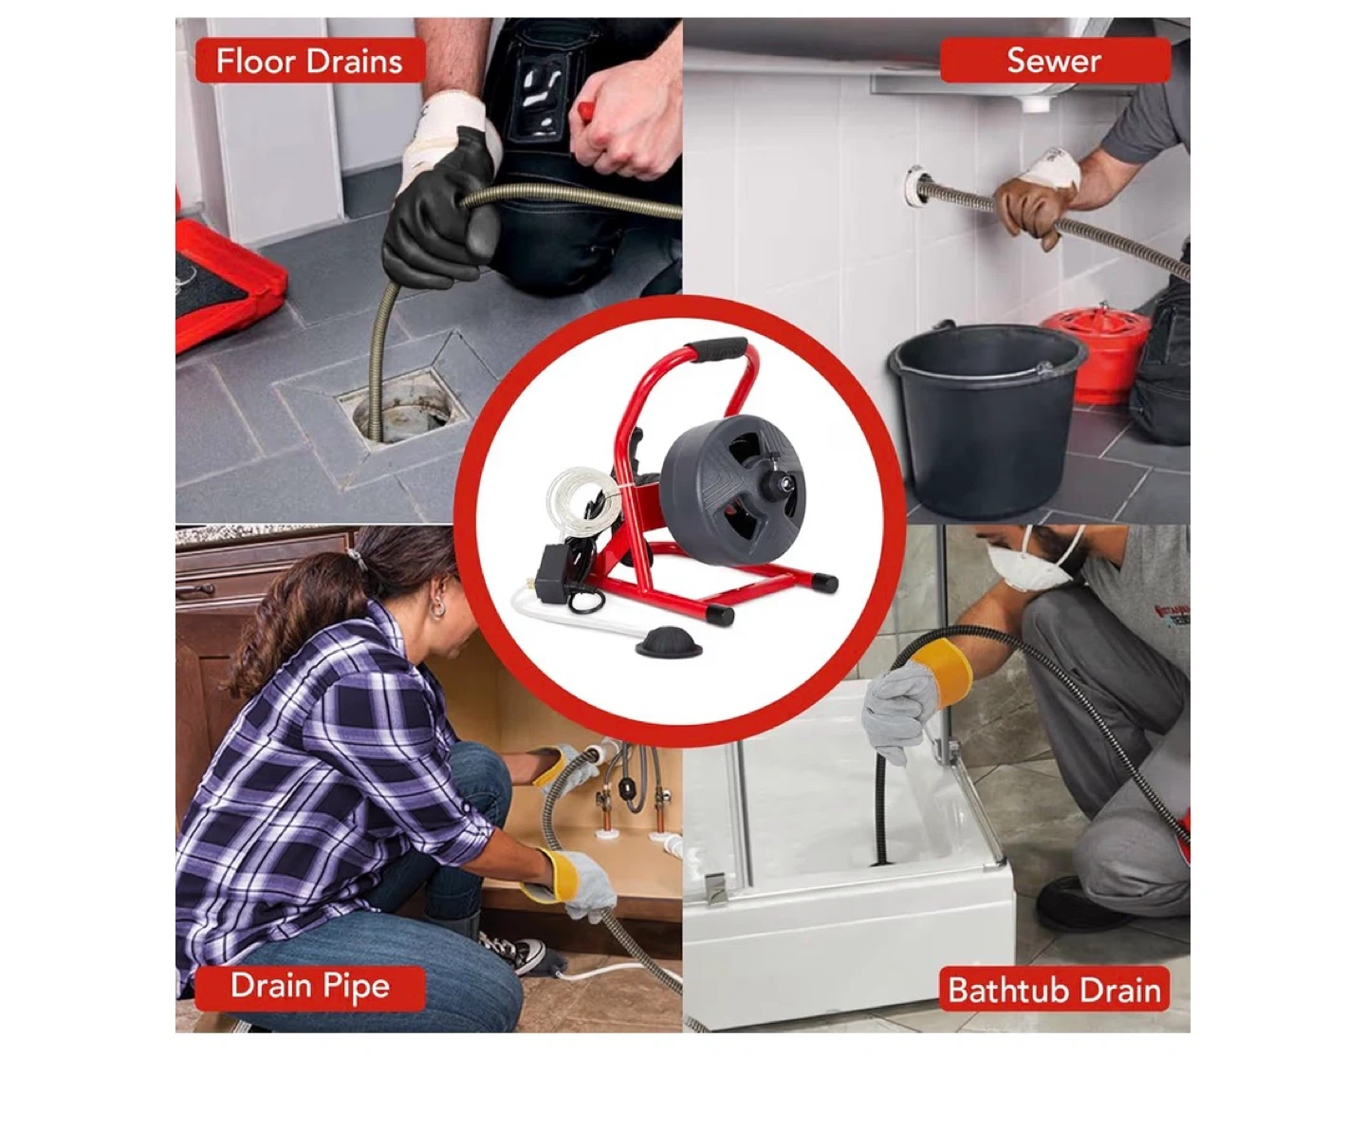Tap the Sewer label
[1055, 60]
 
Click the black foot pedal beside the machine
[659, 641]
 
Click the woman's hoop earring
[437, 608]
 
